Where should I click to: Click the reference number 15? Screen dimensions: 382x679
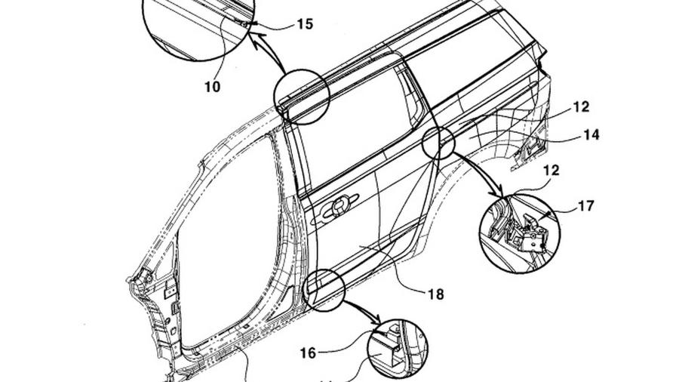point(304,24)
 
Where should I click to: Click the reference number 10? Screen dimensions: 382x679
point(212,87)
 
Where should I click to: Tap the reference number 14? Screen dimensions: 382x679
point(591,135)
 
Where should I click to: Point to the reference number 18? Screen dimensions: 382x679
point(435,294)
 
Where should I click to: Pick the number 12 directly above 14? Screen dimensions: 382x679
point(581,107)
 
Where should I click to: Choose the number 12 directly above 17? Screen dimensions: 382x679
point(551,171)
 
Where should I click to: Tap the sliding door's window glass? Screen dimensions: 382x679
point(347,136)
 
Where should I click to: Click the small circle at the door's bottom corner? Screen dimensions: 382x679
point(324,289)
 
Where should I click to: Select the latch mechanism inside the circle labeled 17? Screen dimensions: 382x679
point(529,230)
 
